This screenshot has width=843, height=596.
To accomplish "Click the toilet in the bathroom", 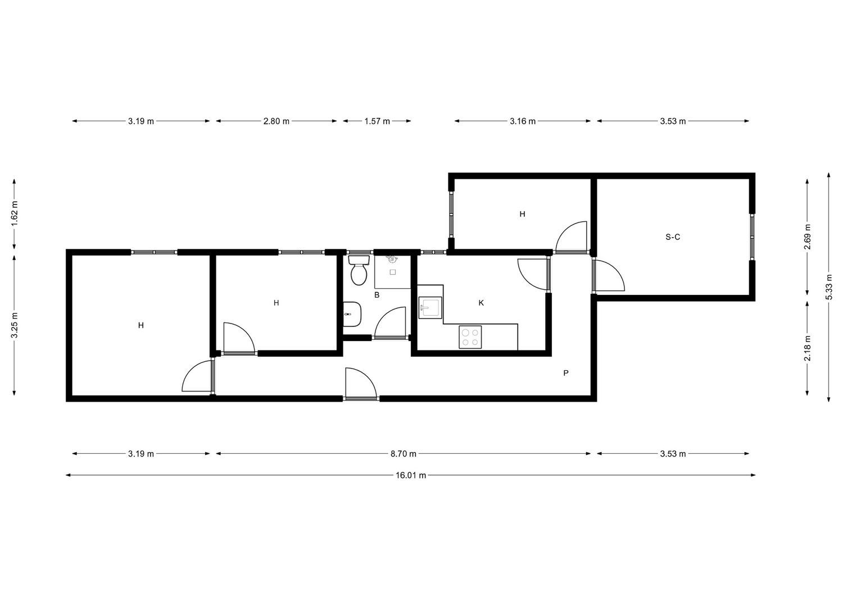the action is point(359,270).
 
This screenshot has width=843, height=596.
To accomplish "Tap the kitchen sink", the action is point(430,308).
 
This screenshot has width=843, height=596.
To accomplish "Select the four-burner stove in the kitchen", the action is point(470,337).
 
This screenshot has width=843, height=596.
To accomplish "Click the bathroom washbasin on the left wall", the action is point(352,314).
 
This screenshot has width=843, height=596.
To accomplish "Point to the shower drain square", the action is point(392,272).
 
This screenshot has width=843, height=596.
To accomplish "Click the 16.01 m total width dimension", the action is point(411,475).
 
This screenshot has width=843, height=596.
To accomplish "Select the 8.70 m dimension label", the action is point(404,454).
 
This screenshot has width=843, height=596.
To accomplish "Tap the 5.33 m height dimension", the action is point(829,286).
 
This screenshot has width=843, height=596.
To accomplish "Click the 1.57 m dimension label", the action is point(377,121).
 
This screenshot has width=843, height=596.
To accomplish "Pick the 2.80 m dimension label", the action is point(277,121).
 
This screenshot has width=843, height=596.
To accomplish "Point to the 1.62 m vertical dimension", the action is point(14,213).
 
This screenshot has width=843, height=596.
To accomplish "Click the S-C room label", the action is point(673,237).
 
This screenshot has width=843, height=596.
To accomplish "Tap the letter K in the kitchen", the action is point(481,303).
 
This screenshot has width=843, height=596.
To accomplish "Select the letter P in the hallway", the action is point(565,373).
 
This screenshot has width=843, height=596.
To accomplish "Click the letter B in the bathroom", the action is point(377,295).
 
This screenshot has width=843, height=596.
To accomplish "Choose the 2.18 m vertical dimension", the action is point(807,348).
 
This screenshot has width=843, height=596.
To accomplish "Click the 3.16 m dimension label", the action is point(523,121).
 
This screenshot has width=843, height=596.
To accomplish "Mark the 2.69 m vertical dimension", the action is point(807,236).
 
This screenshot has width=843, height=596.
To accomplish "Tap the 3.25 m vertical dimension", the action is point(14,325).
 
